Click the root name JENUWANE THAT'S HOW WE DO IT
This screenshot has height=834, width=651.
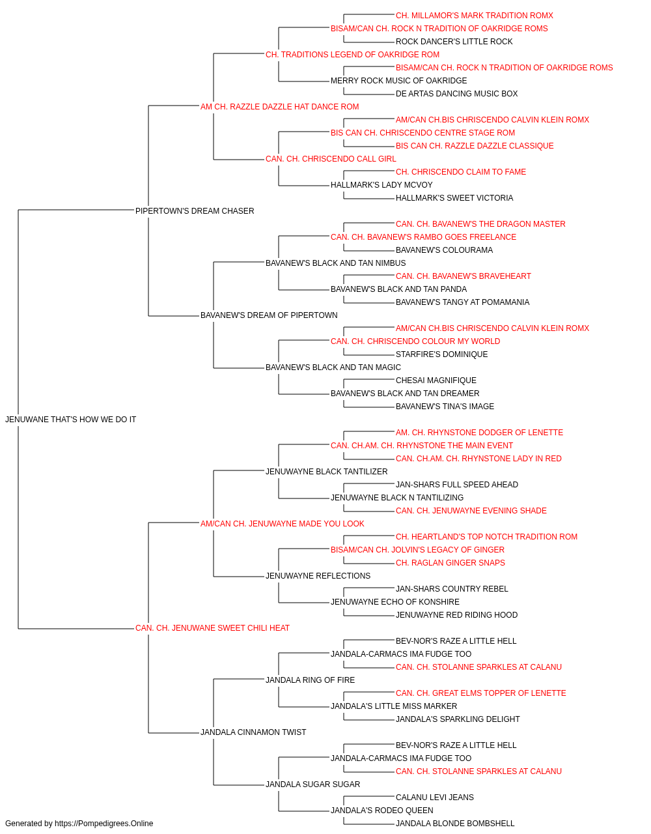point(70,420)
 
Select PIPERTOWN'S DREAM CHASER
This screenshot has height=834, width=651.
point(195,211)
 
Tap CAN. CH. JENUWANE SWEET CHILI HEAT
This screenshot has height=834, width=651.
point(212,628)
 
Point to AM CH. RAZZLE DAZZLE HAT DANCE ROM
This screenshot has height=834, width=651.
point(279,107)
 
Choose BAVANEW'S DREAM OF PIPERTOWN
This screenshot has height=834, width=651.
point(269,315)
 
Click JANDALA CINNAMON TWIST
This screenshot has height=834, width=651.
point(253,732)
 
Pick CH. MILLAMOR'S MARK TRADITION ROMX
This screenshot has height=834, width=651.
point(475,16)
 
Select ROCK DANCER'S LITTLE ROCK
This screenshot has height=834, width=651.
point(454,42)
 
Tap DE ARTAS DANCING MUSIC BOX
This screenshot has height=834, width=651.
point(456,94)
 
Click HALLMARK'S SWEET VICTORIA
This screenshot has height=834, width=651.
point(454,198)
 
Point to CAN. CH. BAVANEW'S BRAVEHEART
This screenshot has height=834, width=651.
point(463,276)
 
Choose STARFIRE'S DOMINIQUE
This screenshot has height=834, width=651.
point(441,354)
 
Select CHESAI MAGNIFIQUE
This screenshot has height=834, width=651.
point(436,381)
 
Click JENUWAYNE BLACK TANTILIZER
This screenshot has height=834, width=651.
point(326,472)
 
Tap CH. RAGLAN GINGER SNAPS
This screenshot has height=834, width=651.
point(450,563)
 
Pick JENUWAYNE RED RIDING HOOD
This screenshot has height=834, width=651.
point(456,615)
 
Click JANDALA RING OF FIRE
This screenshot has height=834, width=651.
point(310,680)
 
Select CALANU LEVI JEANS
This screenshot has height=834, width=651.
point(435,798)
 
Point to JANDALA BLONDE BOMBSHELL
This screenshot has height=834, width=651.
point(455,824)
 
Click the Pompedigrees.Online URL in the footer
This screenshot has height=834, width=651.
point(104,824)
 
